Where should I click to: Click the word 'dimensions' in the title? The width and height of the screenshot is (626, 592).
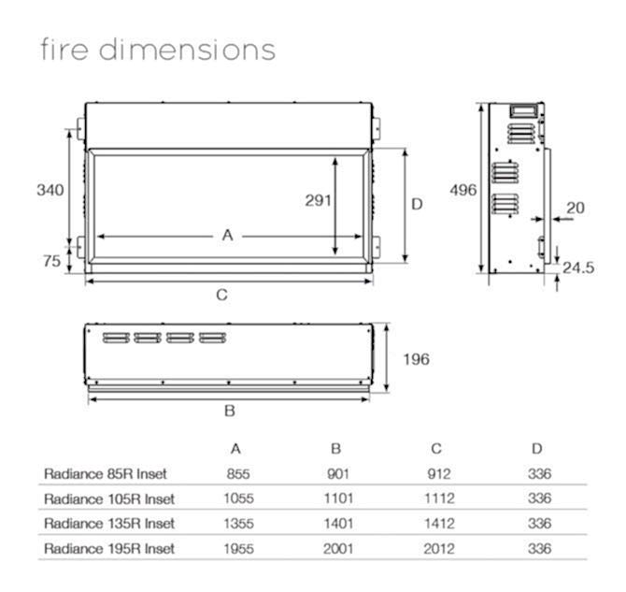coord(187,50)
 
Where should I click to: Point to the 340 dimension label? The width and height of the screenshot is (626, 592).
coord(50,190)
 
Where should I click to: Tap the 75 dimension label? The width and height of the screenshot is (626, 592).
coord(52,261)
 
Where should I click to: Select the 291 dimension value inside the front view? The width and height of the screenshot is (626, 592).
coord(319,200)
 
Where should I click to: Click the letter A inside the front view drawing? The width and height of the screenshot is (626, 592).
coord(228,235)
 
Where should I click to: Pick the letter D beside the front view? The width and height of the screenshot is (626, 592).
coord(417,204)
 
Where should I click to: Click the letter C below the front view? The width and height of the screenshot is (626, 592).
coord(222,295)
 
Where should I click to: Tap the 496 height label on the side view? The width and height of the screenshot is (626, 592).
coord(463,190)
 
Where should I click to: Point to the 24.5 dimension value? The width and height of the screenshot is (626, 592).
coord(578,267)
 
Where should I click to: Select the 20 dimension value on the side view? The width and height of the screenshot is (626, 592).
coord(576,208)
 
